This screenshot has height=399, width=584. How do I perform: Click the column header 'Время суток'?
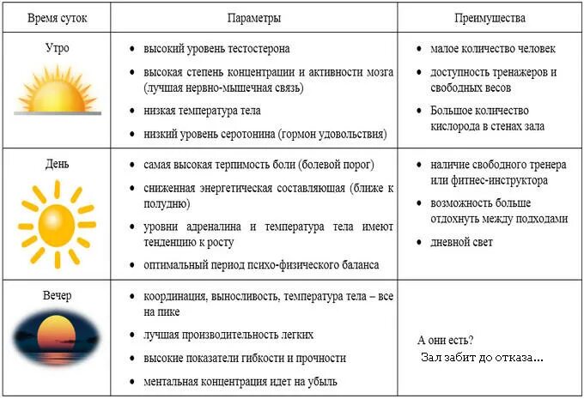(x=58, y=16)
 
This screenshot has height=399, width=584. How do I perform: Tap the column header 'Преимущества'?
(x=490, y=16)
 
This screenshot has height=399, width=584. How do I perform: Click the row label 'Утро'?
(x=57, y=48)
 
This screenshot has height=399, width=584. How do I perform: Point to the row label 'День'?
(x=57, y=163)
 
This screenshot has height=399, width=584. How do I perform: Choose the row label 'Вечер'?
(x=57, y=295)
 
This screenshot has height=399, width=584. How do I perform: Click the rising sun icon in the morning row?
(x=57, y=91)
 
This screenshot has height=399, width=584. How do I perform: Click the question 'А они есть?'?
(x=445, y=340)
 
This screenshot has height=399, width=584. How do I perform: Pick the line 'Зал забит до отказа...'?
(x=482, y=357)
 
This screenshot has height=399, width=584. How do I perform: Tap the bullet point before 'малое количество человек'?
(x=417, y=50)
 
